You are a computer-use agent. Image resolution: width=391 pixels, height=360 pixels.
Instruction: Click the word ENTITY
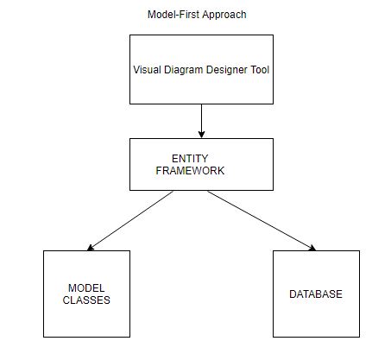click(190, 159)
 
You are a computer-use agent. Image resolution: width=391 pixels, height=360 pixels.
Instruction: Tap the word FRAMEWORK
click(190, 171)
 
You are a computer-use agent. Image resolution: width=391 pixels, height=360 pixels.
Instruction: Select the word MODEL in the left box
click(86, 288)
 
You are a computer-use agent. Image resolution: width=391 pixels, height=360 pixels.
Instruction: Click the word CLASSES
click(86, 300)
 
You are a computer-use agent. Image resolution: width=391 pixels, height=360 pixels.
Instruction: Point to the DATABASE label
click(316, 294)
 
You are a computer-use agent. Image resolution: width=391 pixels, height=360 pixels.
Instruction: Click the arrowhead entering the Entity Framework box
click(201, 135)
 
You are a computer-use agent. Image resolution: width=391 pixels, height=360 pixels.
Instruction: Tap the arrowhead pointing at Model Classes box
click(91, 248)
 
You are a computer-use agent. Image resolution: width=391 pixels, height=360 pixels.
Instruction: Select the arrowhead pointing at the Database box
click(312, 248)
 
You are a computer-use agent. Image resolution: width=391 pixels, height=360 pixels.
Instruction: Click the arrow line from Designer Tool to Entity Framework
click(201, 121)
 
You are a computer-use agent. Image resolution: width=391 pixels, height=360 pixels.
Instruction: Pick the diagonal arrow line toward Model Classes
click(130, 220)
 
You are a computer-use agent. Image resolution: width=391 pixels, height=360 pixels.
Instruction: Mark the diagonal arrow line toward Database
click(262, 221)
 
